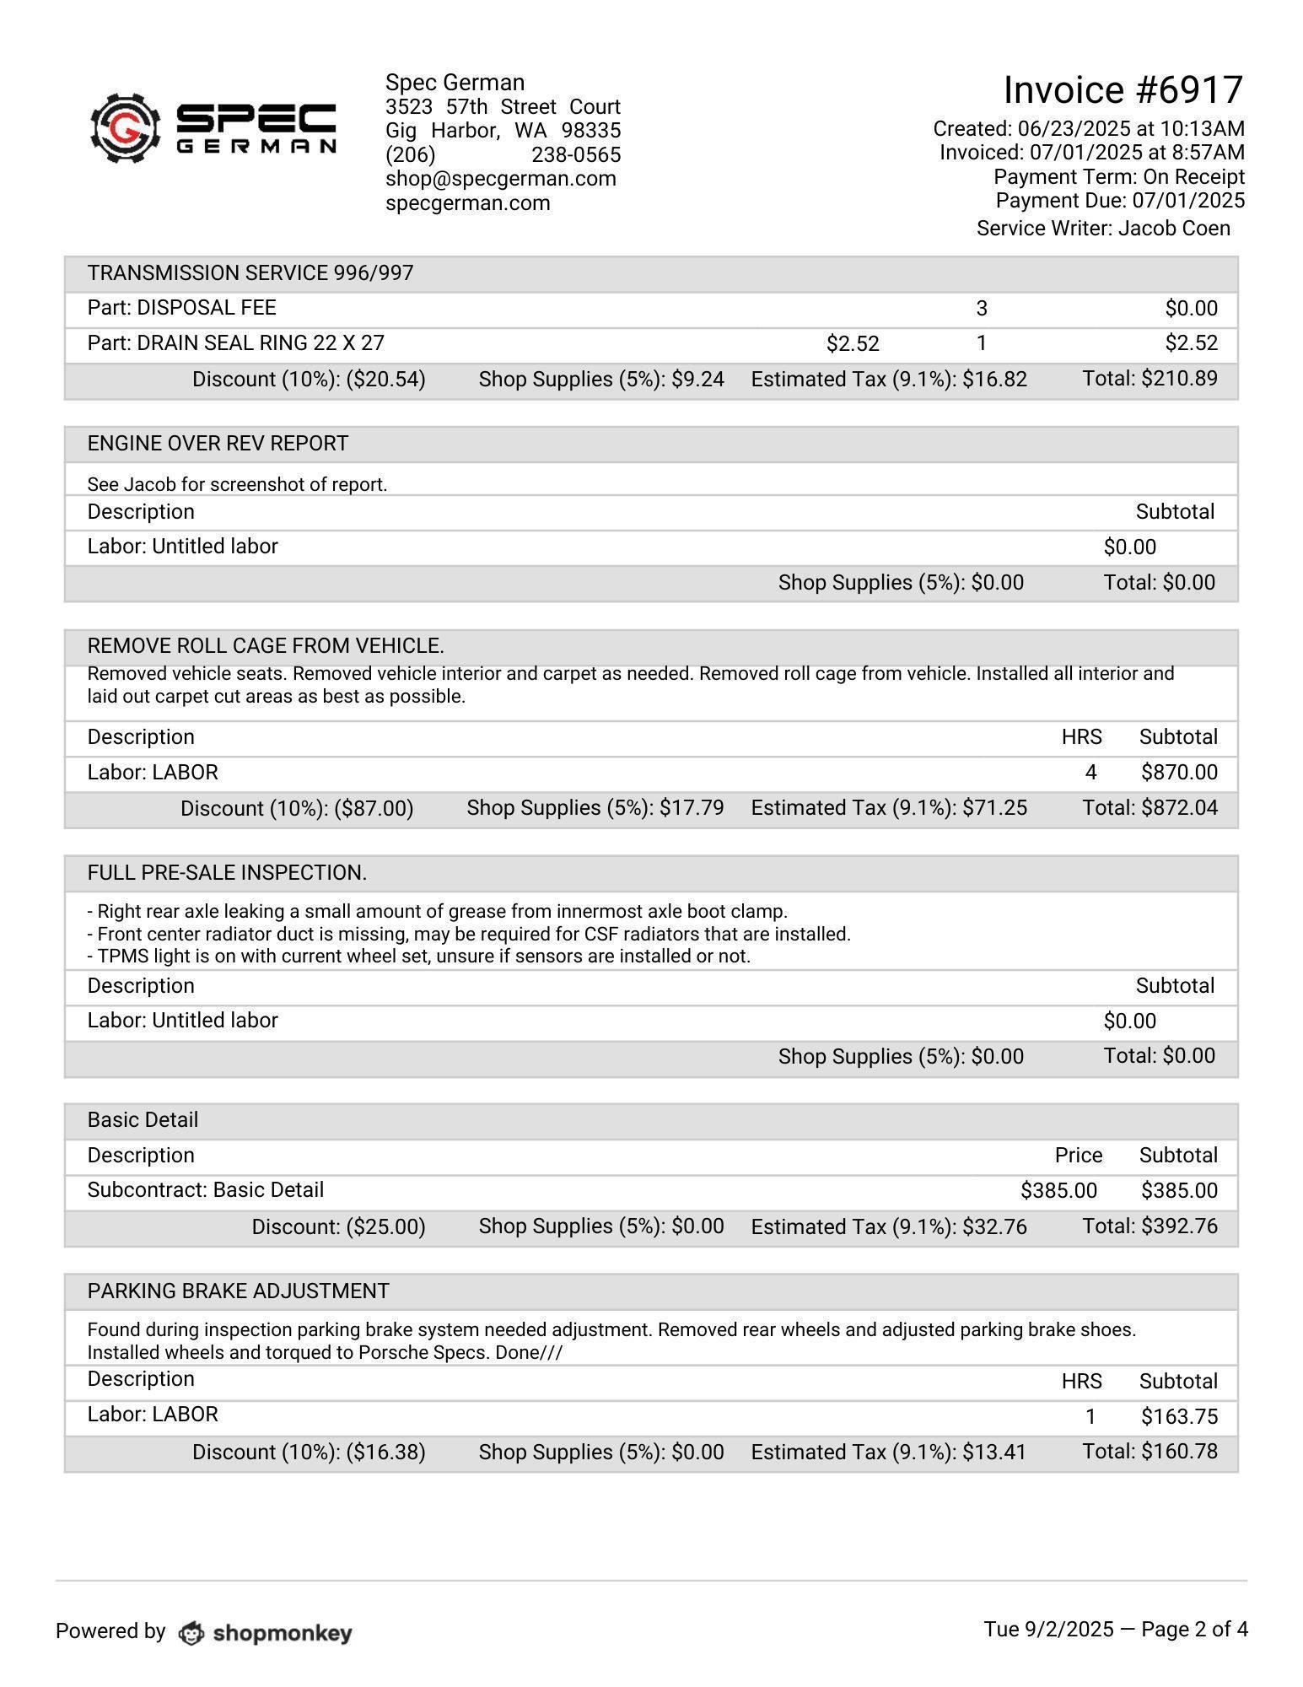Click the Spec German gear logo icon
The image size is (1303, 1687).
(125, 128)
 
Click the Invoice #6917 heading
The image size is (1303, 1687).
(1123, 90)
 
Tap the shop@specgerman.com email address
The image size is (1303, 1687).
(500, 179)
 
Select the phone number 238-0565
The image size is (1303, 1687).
(576, 155)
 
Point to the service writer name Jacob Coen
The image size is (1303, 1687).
(1174, 229)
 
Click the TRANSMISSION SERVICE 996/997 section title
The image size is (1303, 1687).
(250, 273)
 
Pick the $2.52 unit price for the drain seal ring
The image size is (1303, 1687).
(853, 344)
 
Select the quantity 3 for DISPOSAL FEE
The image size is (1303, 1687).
(981, 309)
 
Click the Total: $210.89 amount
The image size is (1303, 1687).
(1150, 379)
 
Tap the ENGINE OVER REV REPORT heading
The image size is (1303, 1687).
(218, 444)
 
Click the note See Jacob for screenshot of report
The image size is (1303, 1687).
(237, 485)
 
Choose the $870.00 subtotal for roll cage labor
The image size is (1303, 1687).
(1179, 773)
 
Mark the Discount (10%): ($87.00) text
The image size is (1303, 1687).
(297, 809)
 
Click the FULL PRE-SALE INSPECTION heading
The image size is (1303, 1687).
(227, 873)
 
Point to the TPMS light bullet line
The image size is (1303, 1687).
(418, 957)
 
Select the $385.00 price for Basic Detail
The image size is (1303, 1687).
(1058, 1191)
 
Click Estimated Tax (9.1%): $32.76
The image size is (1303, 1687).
(889, 1226)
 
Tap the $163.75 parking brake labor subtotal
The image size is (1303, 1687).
(1179, 1417)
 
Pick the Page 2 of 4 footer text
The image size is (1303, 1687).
(1194, 1630)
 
